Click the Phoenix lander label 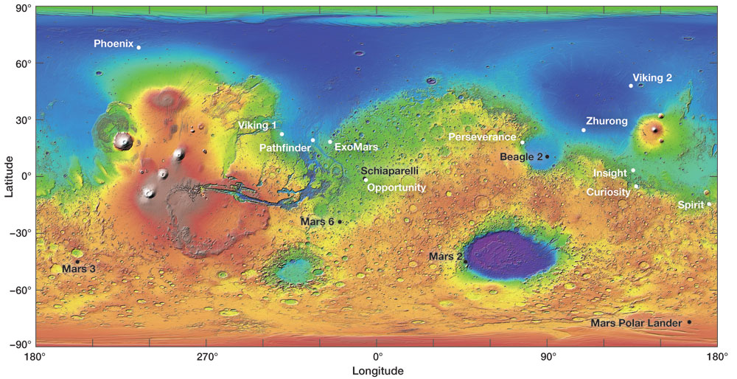point(113,44)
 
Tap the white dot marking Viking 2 point(631,86)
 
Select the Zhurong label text point(607,121)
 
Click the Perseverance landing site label point(482,137)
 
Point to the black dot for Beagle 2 point(547,157)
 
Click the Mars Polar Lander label point(637,323)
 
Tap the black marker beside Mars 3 point(77,262)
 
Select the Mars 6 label point(318,221)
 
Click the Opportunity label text point(397,188)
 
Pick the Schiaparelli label point(390,170)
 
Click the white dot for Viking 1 point(282,134)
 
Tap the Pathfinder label point(284,148)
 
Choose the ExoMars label point(356,147)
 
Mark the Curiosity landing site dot point(636,187)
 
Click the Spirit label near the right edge point(691,205)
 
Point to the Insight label point(609,173)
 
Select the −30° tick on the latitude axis point(20,232)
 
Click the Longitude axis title point(377,370)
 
